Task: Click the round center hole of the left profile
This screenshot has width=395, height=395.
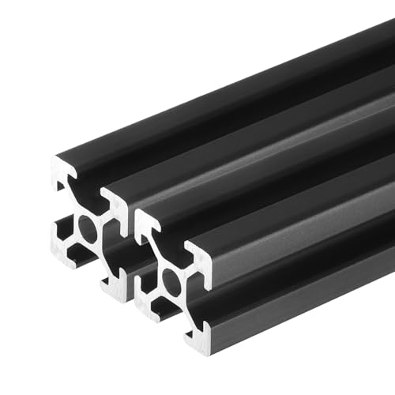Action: coord(88,231)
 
